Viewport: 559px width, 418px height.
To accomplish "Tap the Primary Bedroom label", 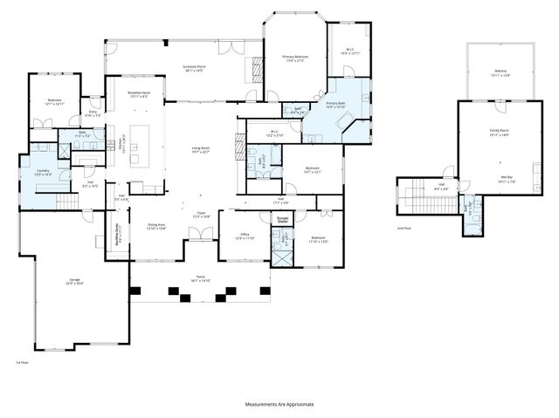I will click(x=295, y=58).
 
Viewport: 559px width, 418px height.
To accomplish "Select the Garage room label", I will click(x=75, y=281).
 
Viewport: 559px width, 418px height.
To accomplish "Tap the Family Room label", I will click(x=499, y=134).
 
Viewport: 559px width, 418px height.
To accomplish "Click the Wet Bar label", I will click(x=506, y=180).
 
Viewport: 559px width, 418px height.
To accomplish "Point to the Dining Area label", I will click(x=156, y=227).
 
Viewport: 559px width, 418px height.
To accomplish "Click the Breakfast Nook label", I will click(x=138, y=94).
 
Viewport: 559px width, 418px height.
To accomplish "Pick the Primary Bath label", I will click(x=337, y=106).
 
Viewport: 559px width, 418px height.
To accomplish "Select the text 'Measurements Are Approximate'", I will click(x=279, y=404).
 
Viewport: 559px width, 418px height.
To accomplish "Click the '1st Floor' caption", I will click(x=23, y=361).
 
